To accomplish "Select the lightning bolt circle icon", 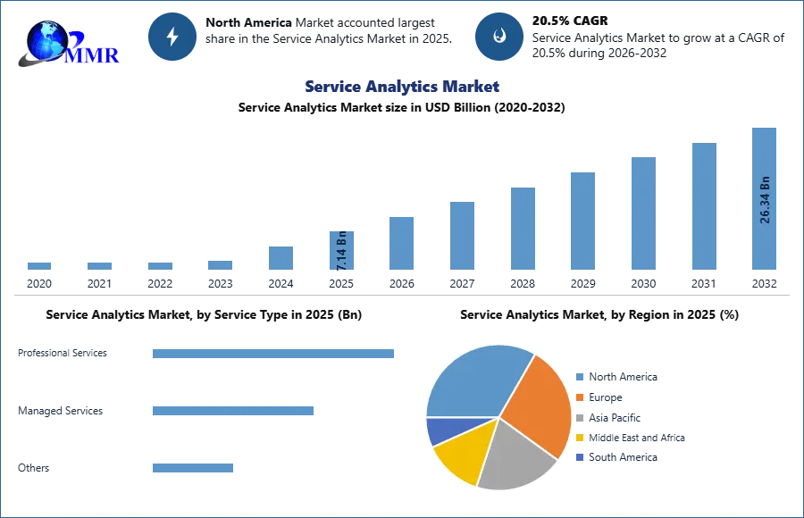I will [x=173, y=37].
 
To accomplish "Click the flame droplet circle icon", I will [x=499, y=37].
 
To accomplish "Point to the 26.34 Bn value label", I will [x=765, y=199].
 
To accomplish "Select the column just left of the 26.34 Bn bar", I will [x=703, y=206].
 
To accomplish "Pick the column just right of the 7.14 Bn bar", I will [x=400, y=242].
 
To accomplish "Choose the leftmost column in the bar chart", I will [x=39, y=264].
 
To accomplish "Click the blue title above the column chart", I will [x=401, y=87].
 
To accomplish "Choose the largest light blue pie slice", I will [x=473, y=380].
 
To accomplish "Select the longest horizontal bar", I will [x=273, y=354].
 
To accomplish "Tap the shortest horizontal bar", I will [x=192, y=467].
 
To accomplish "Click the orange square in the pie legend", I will [x=579, y=398].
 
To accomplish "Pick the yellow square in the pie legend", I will [x=579, y=438].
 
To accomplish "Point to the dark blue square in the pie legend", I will [x=579, y=456].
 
